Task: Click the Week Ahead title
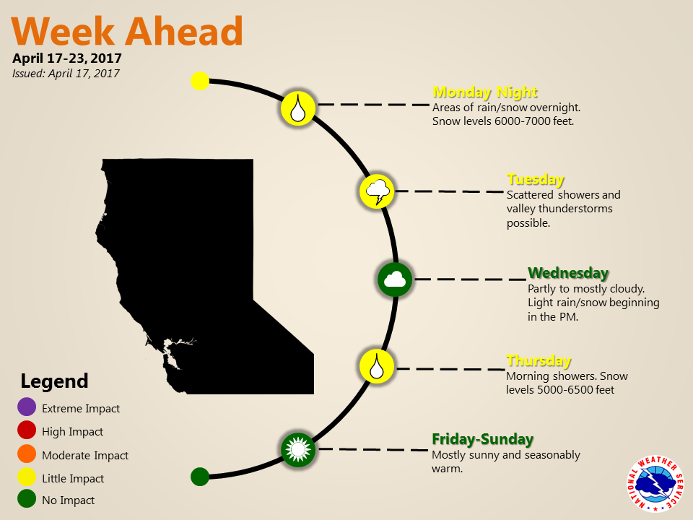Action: [x=127, y=31]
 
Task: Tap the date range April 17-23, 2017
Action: [x=66, y=58]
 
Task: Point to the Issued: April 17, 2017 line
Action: [x=66, y=74]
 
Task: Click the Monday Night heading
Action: [x=485, y=92]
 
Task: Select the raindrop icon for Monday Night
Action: [x=298, y=108]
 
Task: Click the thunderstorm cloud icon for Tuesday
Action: [x=377, y=191]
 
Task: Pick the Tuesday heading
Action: [x=535, y=180]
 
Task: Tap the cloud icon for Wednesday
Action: [x=395, y=279]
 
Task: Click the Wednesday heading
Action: [x=568, y=273]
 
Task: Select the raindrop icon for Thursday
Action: [x=377, y=367]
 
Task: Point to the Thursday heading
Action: [x=539, y=361]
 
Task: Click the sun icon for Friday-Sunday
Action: [x=298, y=450]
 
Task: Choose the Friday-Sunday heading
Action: [x=483, y=439]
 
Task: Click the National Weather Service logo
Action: [x=655, y=484]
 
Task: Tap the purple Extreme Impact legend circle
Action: [x=27, y=407]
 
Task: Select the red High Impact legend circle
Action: [x=27, y=430]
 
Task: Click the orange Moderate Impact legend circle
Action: [x=27, y=454]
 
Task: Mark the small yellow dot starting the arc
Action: [x=200, y=81]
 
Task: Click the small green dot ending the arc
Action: [x=200, y=477]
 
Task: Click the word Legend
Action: [x=54, y=381]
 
